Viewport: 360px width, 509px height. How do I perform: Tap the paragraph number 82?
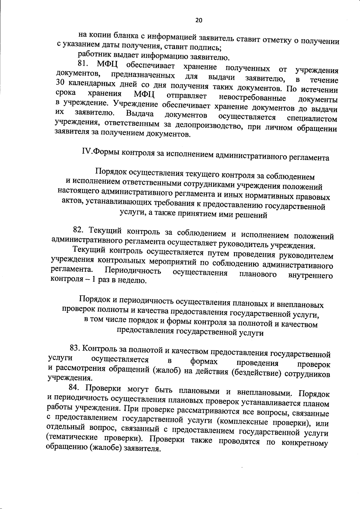pyautogui.click(x=79, y=230)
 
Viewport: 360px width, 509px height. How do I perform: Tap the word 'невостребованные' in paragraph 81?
pyautogui.click(x=253, y=97)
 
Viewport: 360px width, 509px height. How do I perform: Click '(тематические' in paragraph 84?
pyautogui.click(x=74, y=438)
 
